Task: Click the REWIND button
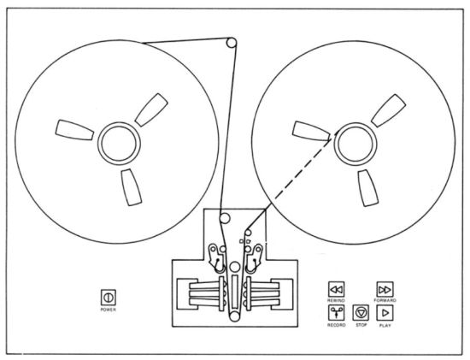click(337, 290)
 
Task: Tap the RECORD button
click(337, 313)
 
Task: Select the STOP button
click(361, 313)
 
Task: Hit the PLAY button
click(385, 313)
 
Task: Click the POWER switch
click(109, 298)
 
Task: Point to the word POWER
click(109, 310)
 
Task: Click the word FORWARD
click(385, 300)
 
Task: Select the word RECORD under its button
click(337, 325)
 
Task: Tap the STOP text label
click(361, 325)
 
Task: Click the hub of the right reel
click(355, 144)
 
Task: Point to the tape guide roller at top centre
click(231, 42)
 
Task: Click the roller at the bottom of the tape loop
click(235, 316)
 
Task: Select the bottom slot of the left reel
click(132, 187)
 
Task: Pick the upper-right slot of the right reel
click(389, 110)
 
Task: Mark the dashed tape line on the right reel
click(303, 172)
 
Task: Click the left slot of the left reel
click(74, 130)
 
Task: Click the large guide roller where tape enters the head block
click(225, 218)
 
